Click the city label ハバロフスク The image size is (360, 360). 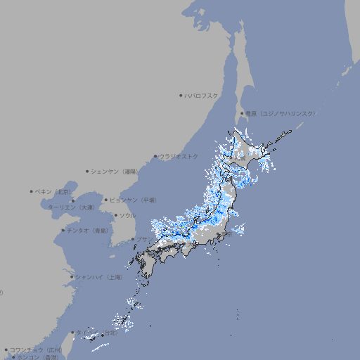pos(201,95)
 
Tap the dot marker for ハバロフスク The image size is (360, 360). pos(181,95)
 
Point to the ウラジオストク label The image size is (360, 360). pos(179,156)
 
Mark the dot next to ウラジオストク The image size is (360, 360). pos(155,156)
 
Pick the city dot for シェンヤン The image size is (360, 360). pos(87,171)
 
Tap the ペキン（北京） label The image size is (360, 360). pos(53,191)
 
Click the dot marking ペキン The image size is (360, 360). pos(32,191)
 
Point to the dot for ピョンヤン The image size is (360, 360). pos(106,200)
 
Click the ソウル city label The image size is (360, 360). pos(127,215)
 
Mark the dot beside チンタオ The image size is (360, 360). pos(63,230)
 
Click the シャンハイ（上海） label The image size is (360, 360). pos(98,277)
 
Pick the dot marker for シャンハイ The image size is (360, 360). pos(72,277)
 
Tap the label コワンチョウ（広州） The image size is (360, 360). pos(36,349)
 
